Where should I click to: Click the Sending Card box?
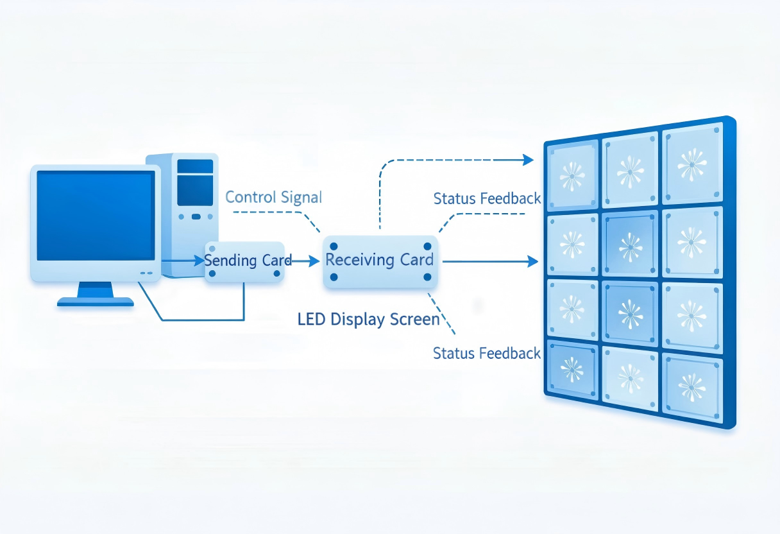tap(244, 262)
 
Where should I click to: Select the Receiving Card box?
tap(380, 262)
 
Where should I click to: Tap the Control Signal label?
tap(273, 197)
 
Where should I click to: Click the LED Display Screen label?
tap(368, 320)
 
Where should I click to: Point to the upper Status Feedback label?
tap(487, 198)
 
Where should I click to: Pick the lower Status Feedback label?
tap(486, 353)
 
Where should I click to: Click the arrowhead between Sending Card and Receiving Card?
tap(314, 261)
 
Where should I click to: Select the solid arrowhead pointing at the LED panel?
tap(533, 261)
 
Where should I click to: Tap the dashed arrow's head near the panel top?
tap(529, 160)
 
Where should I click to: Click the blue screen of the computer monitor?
tap(96, 216)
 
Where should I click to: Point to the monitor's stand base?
tap(96, 302)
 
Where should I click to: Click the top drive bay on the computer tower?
tap(195, 166)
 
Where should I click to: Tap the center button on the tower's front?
tap(196, 217)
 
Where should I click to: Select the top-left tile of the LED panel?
tap(572, 176)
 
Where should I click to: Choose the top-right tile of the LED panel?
tap(692, 163)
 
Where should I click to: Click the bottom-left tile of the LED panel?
tap(572, 370)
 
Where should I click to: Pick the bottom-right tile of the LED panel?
tap(692, 388)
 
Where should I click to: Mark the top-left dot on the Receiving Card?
tap(334, 246)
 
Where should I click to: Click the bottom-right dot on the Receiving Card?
tap(427, 277)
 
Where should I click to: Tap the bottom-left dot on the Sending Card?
tap(212, 273)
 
